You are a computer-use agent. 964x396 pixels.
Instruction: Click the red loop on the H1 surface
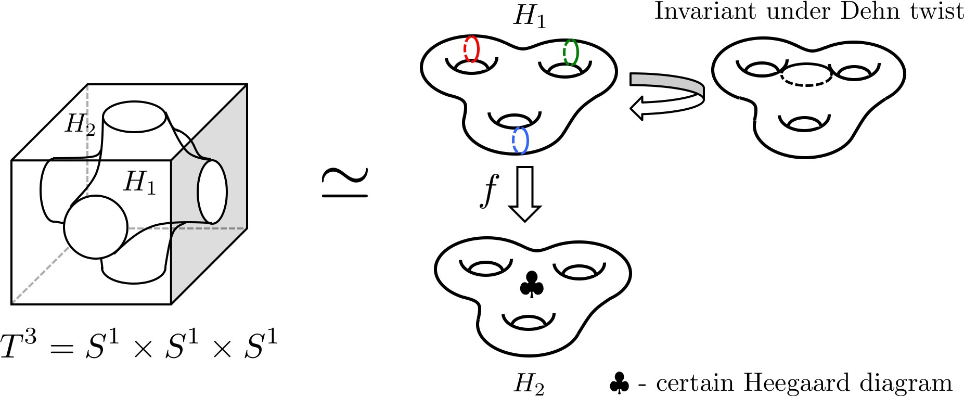click(x=471, y=49)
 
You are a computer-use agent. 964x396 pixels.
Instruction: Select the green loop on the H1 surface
click(x=571, y=53)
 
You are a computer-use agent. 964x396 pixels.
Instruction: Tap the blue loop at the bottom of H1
click(x=520, y=140)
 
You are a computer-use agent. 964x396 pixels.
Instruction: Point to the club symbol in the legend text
click(x=619, y=383)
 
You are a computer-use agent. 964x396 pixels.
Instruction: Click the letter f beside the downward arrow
click(x=489, y=190)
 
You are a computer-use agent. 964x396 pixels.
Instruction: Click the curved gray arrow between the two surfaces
click(x=666, y=94)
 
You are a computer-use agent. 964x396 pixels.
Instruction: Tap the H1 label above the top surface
click(x=530, y=16)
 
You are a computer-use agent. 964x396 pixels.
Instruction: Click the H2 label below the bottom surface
click(x=529, y=384)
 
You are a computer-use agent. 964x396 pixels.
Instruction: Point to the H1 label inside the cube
click(x=139, y=183)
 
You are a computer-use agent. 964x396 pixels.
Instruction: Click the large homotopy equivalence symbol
click(x=344, y=183)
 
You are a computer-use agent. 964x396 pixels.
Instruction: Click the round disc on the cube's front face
click(x=96, y=227)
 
